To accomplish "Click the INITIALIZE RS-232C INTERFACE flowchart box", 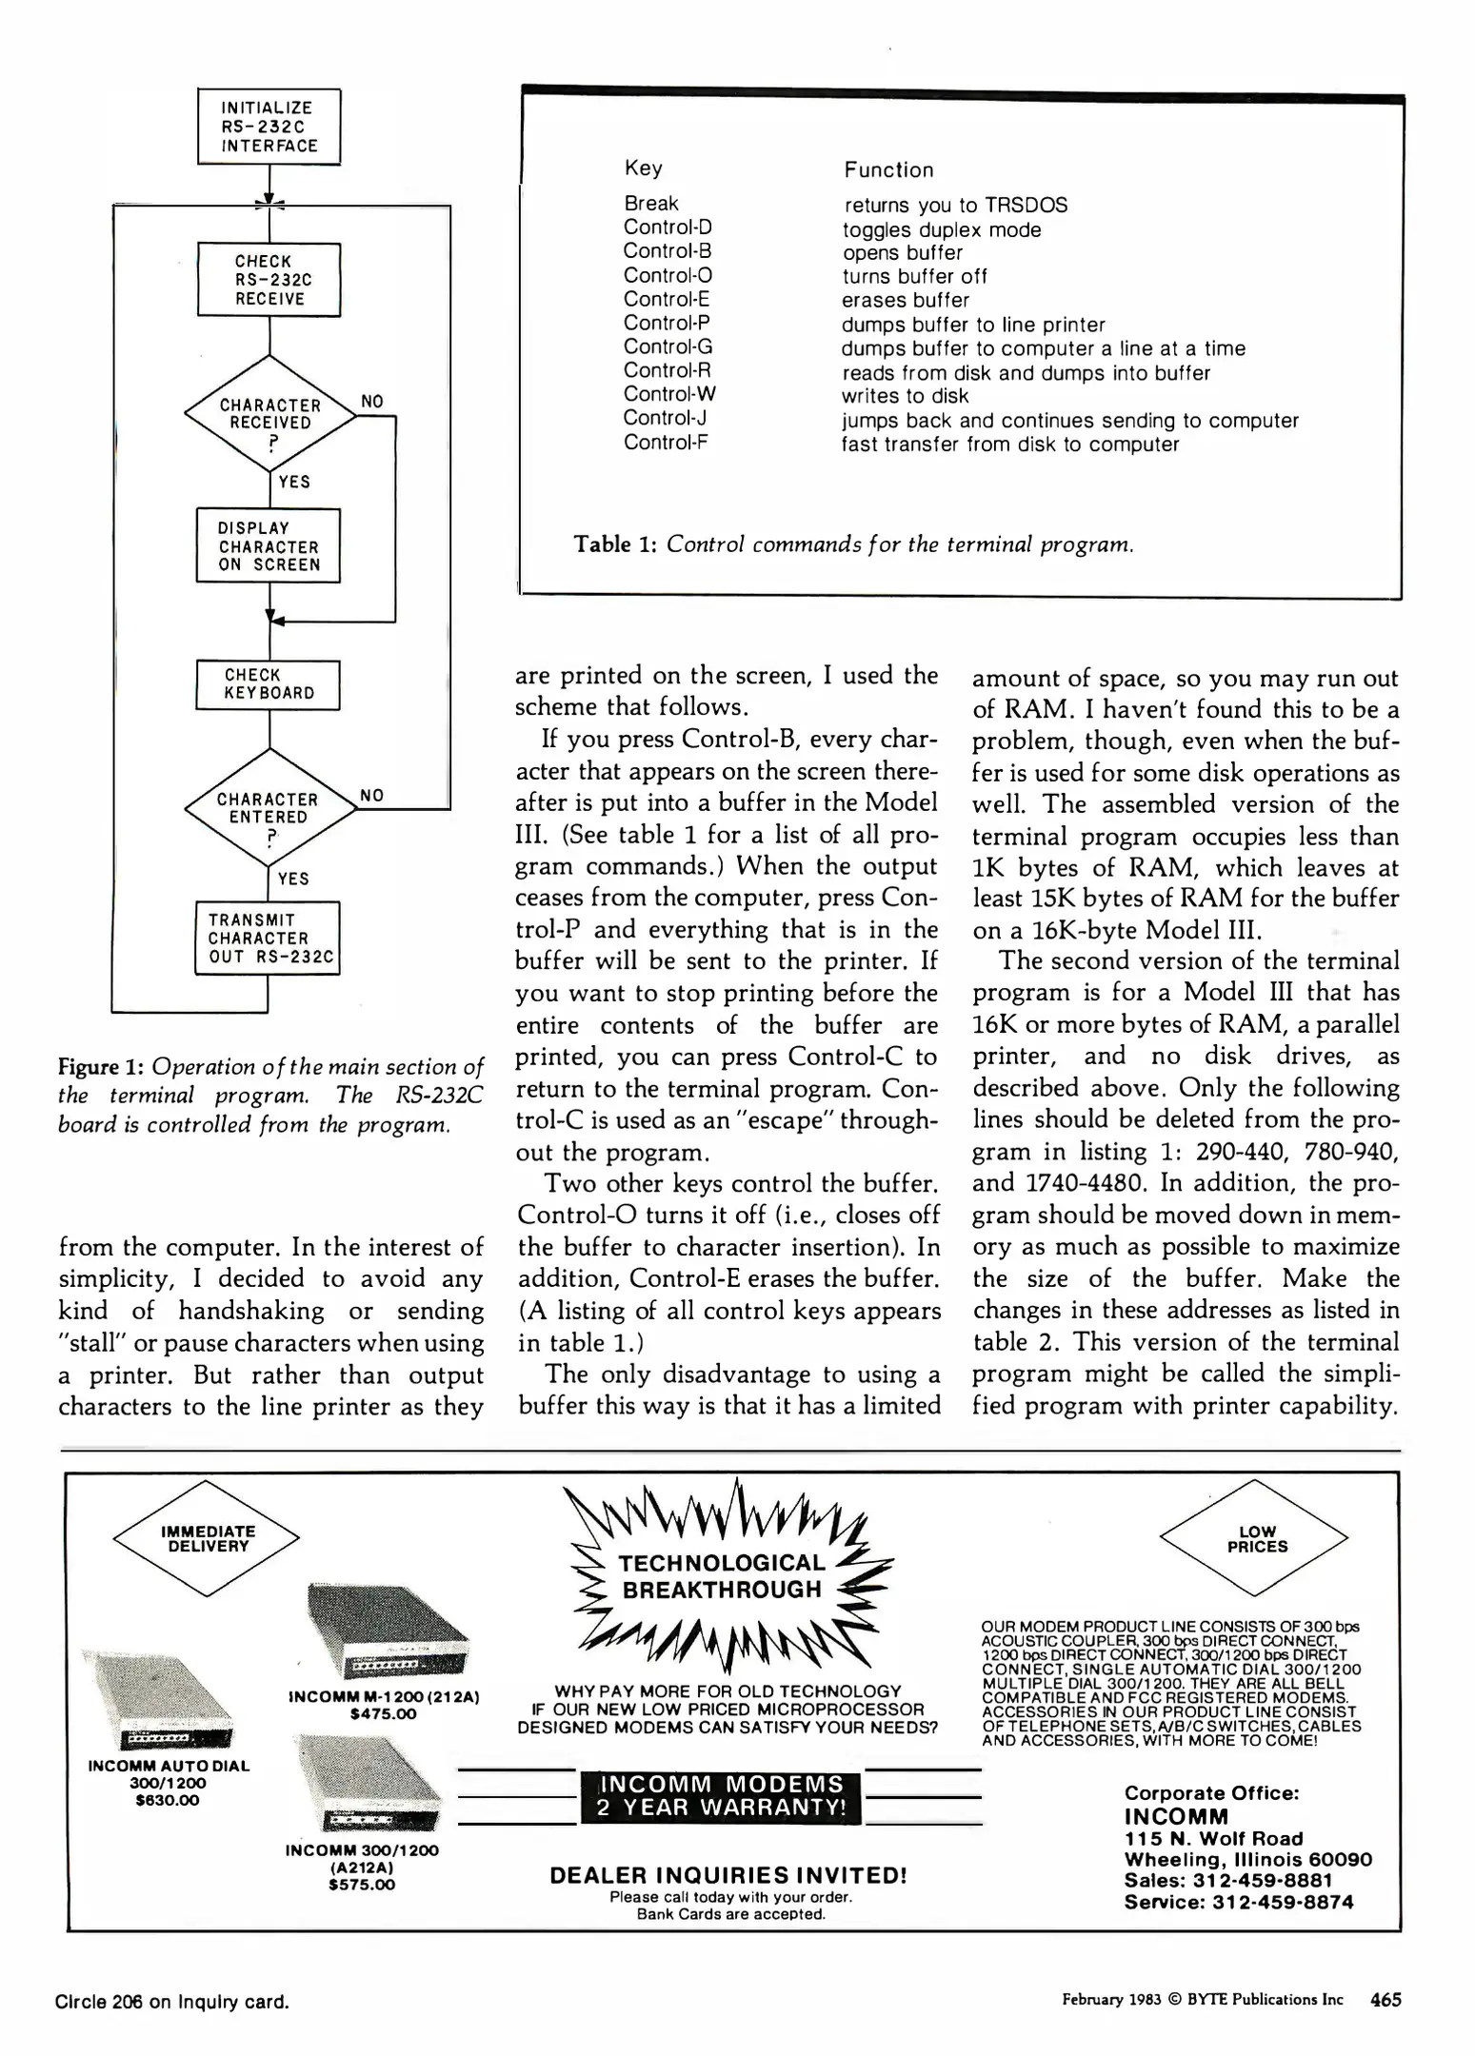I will tap(269, 127).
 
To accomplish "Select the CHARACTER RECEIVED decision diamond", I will tap(269, 414).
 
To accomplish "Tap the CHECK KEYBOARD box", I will tap(269, 684).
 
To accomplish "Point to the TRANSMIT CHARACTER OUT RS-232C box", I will tap(269, 938).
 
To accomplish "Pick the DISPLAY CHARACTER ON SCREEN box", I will tap(269, 546).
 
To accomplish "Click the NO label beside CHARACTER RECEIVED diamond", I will tap(372, 402).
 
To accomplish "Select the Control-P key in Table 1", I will tap(667, 324).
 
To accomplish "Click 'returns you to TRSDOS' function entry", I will tap(955, 206).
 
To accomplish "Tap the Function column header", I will tap(887, 170).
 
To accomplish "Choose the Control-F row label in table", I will tap(666, 443).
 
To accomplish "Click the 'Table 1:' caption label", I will tap(615, 544).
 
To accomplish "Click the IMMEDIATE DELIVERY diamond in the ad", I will tap(207, 1538).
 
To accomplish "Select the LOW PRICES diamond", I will tap(1256, 1539).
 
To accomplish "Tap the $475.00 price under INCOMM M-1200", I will tap(384, 1714).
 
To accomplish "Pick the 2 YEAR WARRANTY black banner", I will tap(720, 1796).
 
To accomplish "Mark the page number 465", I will tap(1385, 2000).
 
